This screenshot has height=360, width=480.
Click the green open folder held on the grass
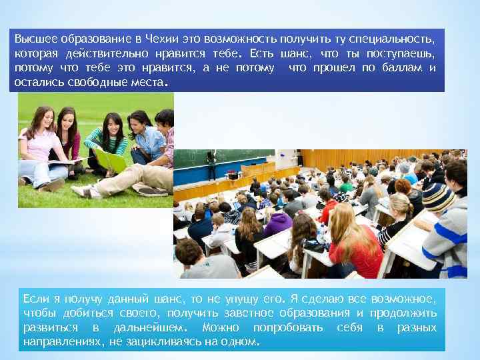[x=109, y=159]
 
